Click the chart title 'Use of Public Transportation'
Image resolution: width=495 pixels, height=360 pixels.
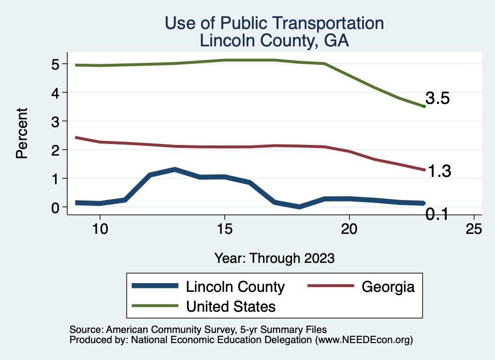274,23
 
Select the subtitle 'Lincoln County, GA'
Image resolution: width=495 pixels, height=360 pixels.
274,41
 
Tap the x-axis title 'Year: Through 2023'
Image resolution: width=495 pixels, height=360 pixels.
274,258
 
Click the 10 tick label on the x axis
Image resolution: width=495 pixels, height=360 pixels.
100,230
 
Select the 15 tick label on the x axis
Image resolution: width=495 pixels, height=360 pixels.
224,230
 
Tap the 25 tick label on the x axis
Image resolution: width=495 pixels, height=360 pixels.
474,230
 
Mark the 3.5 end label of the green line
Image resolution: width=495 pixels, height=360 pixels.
437,99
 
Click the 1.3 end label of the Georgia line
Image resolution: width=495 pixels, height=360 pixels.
439,171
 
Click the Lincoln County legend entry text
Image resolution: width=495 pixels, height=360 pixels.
235,287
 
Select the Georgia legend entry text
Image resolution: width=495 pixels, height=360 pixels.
388,287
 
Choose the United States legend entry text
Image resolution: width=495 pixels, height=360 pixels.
231,306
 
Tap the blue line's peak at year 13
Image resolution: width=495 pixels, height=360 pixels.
175,170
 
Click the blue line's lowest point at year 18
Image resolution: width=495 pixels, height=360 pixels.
299,206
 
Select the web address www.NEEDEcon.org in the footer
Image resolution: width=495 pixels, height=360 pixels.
364,340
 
